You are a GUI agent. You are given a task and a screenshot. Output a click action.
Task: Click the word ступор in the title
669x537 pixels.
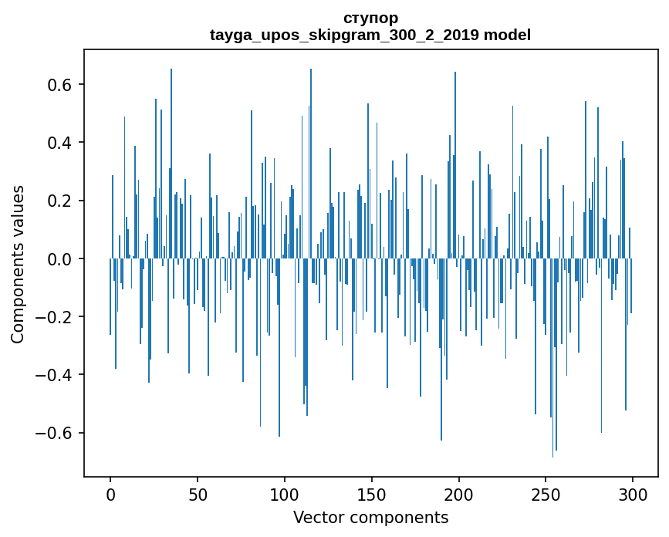click(370, 18)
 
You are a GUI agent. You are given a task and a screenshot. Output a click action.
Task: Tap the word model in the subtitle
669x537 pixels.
click(508, 35)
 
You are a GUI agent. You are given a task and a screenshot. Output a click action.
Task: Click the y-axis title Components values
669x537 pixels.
click(18, 264)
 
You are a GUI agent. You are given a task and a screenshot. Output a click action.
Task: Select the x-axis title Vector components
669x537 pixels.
click(370, 517)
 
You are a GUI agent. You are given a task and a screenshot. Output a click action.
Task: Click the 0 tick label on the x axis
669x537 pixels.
click(110, 494)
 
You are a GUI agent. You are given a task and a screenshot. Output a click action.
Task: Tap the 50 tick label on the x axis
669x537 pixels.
click(198, 494)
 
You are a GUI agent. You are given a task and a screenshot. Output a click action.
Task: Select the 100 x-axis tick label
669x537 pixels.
click(285, 494)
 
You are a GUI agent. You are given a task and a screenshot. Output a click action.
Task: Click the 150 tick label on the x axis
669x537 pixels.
click(372, 494)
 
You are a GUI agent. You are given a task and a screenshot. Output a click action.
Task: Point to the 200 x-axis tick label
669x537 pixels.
click(459, 494)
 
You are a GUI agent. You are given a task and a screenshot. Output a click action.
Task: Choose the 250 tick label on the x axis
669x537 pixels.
click(546, 494)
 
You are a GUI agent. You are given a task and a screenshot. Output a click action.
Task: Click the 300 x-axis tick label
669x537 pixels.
click(633, 494)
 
